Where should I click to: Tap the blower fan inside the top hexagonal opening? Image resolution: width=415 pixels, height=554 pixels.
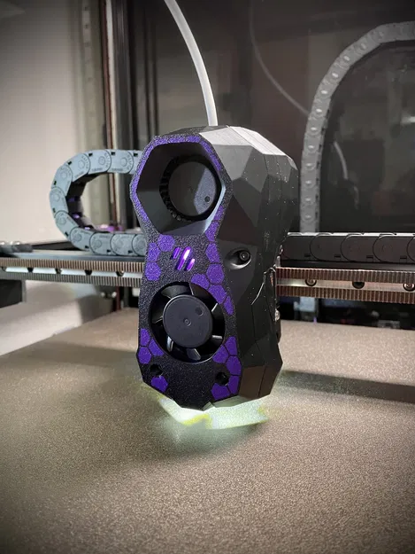pyautogui.click(x=189, y=188)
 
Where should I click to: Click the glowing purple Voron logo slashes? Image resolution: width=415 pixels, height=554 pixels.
pyautogui.click(x=185, y=259)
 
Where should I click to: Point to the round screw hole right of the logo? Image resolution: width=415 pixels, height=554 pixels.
pyautogui.click(x=237, y=258)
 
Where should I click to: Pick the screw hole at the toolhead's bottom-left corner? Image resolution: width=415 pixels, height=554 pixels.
pyautogui.click(x=158, y=368)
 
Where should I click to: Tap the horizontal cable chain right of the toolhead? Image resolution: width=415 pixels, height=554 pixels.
pyautogui.click(x=350, y=247)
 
